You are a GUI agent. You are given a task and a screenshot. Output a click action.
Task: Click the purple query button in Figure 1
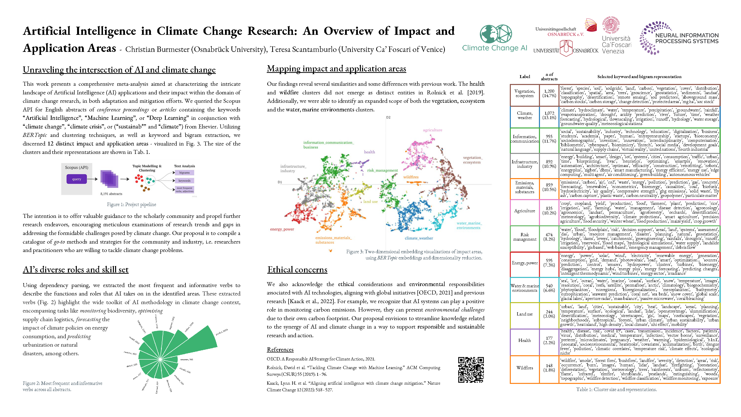[x=77, y=179]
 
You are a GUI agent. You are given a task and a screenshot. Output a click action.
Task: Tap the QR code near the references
[x=471, y=370]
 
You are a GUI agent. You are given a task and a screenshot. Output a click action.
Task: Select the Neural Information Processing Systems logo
[x=679, y=38]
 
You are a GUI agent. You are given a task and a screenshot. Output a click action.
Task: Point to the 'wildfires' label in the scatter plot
[x=411, y=177]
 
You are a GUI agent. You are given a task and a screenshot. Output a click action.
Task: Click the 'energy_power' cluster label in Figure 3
[x=282, y=229]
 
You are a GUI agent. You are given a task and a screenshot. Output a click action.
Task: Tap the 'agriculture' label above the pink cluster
[x=432, y=130]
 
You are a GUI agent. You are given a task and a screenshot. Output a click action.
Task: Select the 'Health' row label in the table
[x=524, y=340]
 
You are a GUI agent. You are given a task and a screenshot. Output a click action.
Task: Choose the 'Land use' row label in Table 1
[x=524, y=314]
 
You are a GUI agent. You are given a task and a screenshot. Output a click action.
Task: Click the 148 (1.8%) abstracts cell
[x=549, y=368]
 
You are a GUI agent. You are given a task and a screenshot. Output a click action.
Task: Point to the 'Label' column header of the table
[x=524, y=77]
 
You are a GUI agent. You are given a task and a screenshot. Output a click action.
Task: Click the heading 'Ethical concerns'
[x=297, y=270]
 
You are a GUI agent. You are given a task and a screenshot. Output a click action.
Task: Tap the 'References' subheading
[x=280, y=350]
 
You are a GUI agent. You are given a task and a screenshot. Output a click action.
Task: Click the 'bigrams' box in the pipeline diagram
[x=185, y=173]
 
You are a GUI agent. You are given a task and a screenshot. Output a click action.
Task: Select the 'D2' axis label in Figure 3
[x=388, y=117]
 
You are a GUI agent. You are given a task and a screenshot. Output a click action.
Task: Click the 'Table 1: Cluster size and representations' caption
[x=616, y=389]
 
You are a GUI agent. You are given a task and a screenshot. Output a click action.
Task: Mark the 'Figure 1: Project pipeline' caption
[x=131, y=204]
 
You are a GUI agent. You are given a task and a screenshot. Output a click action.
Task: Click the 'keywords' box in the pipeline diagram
[x=185, y=181]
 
